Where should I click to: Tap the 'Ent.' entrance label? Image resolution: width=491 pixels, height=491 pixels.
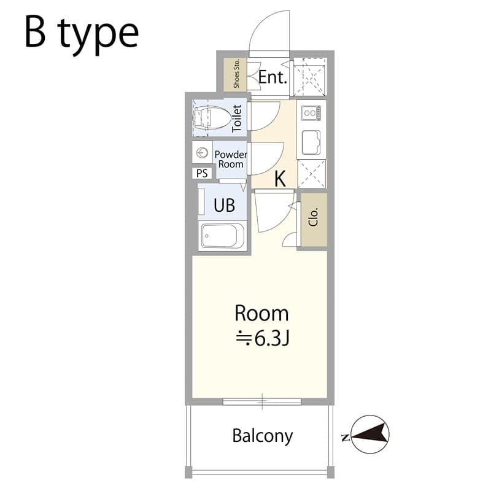[273, 77]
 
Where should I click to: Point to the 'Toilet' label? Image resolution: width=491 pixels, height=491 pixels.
[238, 118]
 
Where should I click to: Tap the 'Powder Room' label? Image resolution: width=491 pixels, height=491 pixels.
[230, 160]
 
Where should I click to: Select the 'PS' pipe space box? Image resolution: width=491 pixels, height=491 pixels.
[201, 173]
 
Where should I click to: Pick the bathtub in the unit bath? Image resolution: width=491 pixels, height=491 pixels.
[223, 236]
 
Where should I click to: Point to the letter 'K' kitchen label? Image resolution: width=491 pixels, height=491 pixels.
[280, 179]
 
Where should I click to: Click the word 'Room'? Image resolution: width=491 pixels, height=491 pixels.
[261, 313]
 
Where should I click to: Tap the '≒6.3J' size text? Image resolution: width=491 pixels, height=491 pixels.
[262, 337]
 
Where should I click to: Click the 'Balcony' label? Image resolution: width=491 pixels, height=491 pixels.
[262, 436]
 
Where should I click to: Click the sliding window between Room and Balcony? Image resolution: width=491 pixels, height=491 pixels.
[262, 402]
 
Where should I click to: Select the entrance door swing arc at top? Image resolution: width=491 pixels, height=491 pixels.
[268, 32]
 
